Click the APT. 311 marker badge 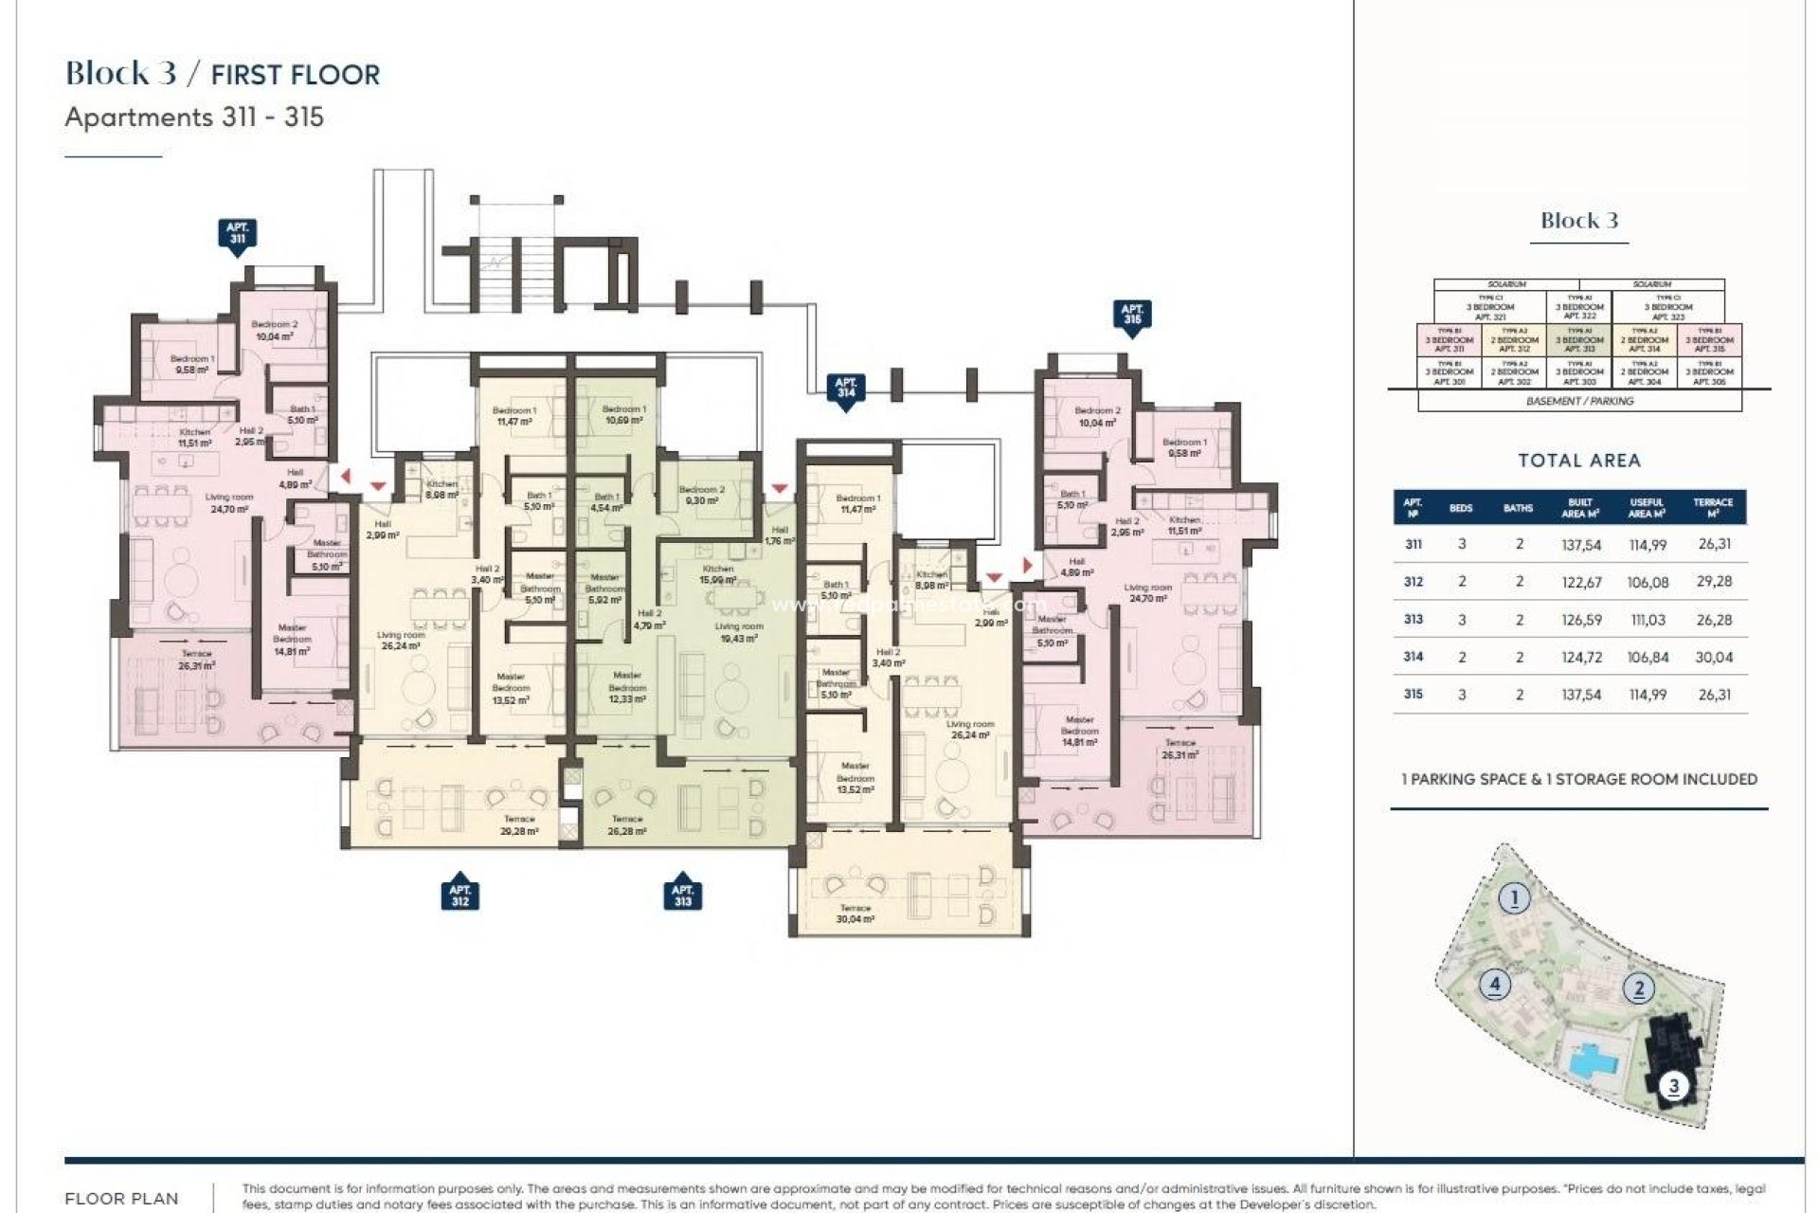click(237, 233)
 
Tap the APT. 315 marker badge click(1131, 315)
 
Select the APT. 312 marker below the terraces click(459, 895)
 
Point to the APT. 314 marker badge click(845, 388)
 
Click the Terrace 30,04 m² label click(855, 914)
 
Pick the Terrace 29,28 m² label click(519, 824)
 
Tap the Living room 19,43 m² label click(738, 632)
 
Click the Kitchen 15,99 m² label click(718, 574)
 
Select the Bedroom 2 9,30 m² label click(701, 495)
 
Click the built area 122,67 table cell click(1581, 582)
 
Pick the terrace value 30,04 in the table click(1714, 657)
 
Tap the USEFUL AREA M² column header click(1647, 508)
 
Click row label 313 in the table click(1413, 619)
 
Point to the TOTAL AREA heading click(1578, 461)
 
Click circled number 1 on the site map click(1514, 897)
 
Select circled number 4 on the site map click(1495, 984)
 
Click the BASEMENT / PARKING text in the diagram click(1579, 401)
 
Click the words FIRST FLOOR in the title click(295, 75)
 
